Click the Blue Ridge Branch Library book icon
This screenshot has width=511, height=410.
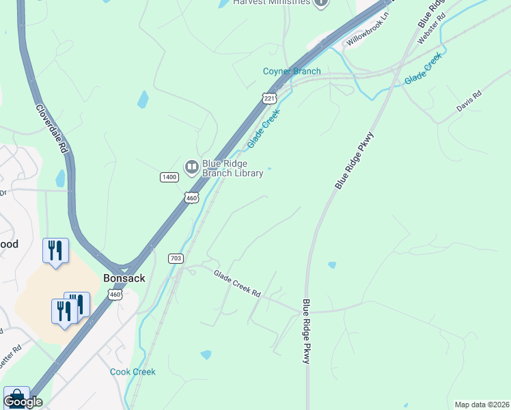click(x=191, y=166)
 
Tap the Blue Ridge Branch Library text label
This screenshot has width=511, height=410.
click(x=233, y=169)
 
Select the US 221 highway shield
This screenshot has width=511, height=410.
click(x=269, y=98)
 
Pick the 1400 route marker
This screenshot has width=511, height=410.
click(x=169, y=177)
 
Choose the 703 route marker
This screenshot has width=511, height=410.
click(x=176, y=258)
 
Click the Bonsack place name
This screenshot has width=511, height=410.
click(x=124, y=278)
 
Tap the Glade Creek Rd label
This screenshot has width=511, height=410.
click(x=237, y=284)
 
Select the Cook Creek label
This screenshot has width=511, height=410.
click(x=133, y=372)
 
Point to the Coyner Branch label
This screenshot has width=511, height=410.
click(x=292, y=71)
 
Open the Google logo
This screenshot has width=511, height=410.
click(x=23, y=402)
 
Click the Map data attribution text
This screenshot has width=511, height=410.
click(x=482, y=405)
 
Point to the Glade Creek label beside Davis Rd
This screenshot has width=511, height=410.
click(x=424, y=70)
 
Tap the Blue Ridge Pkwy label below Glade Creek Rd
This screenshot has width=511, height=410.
click(x=307, y=331)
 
